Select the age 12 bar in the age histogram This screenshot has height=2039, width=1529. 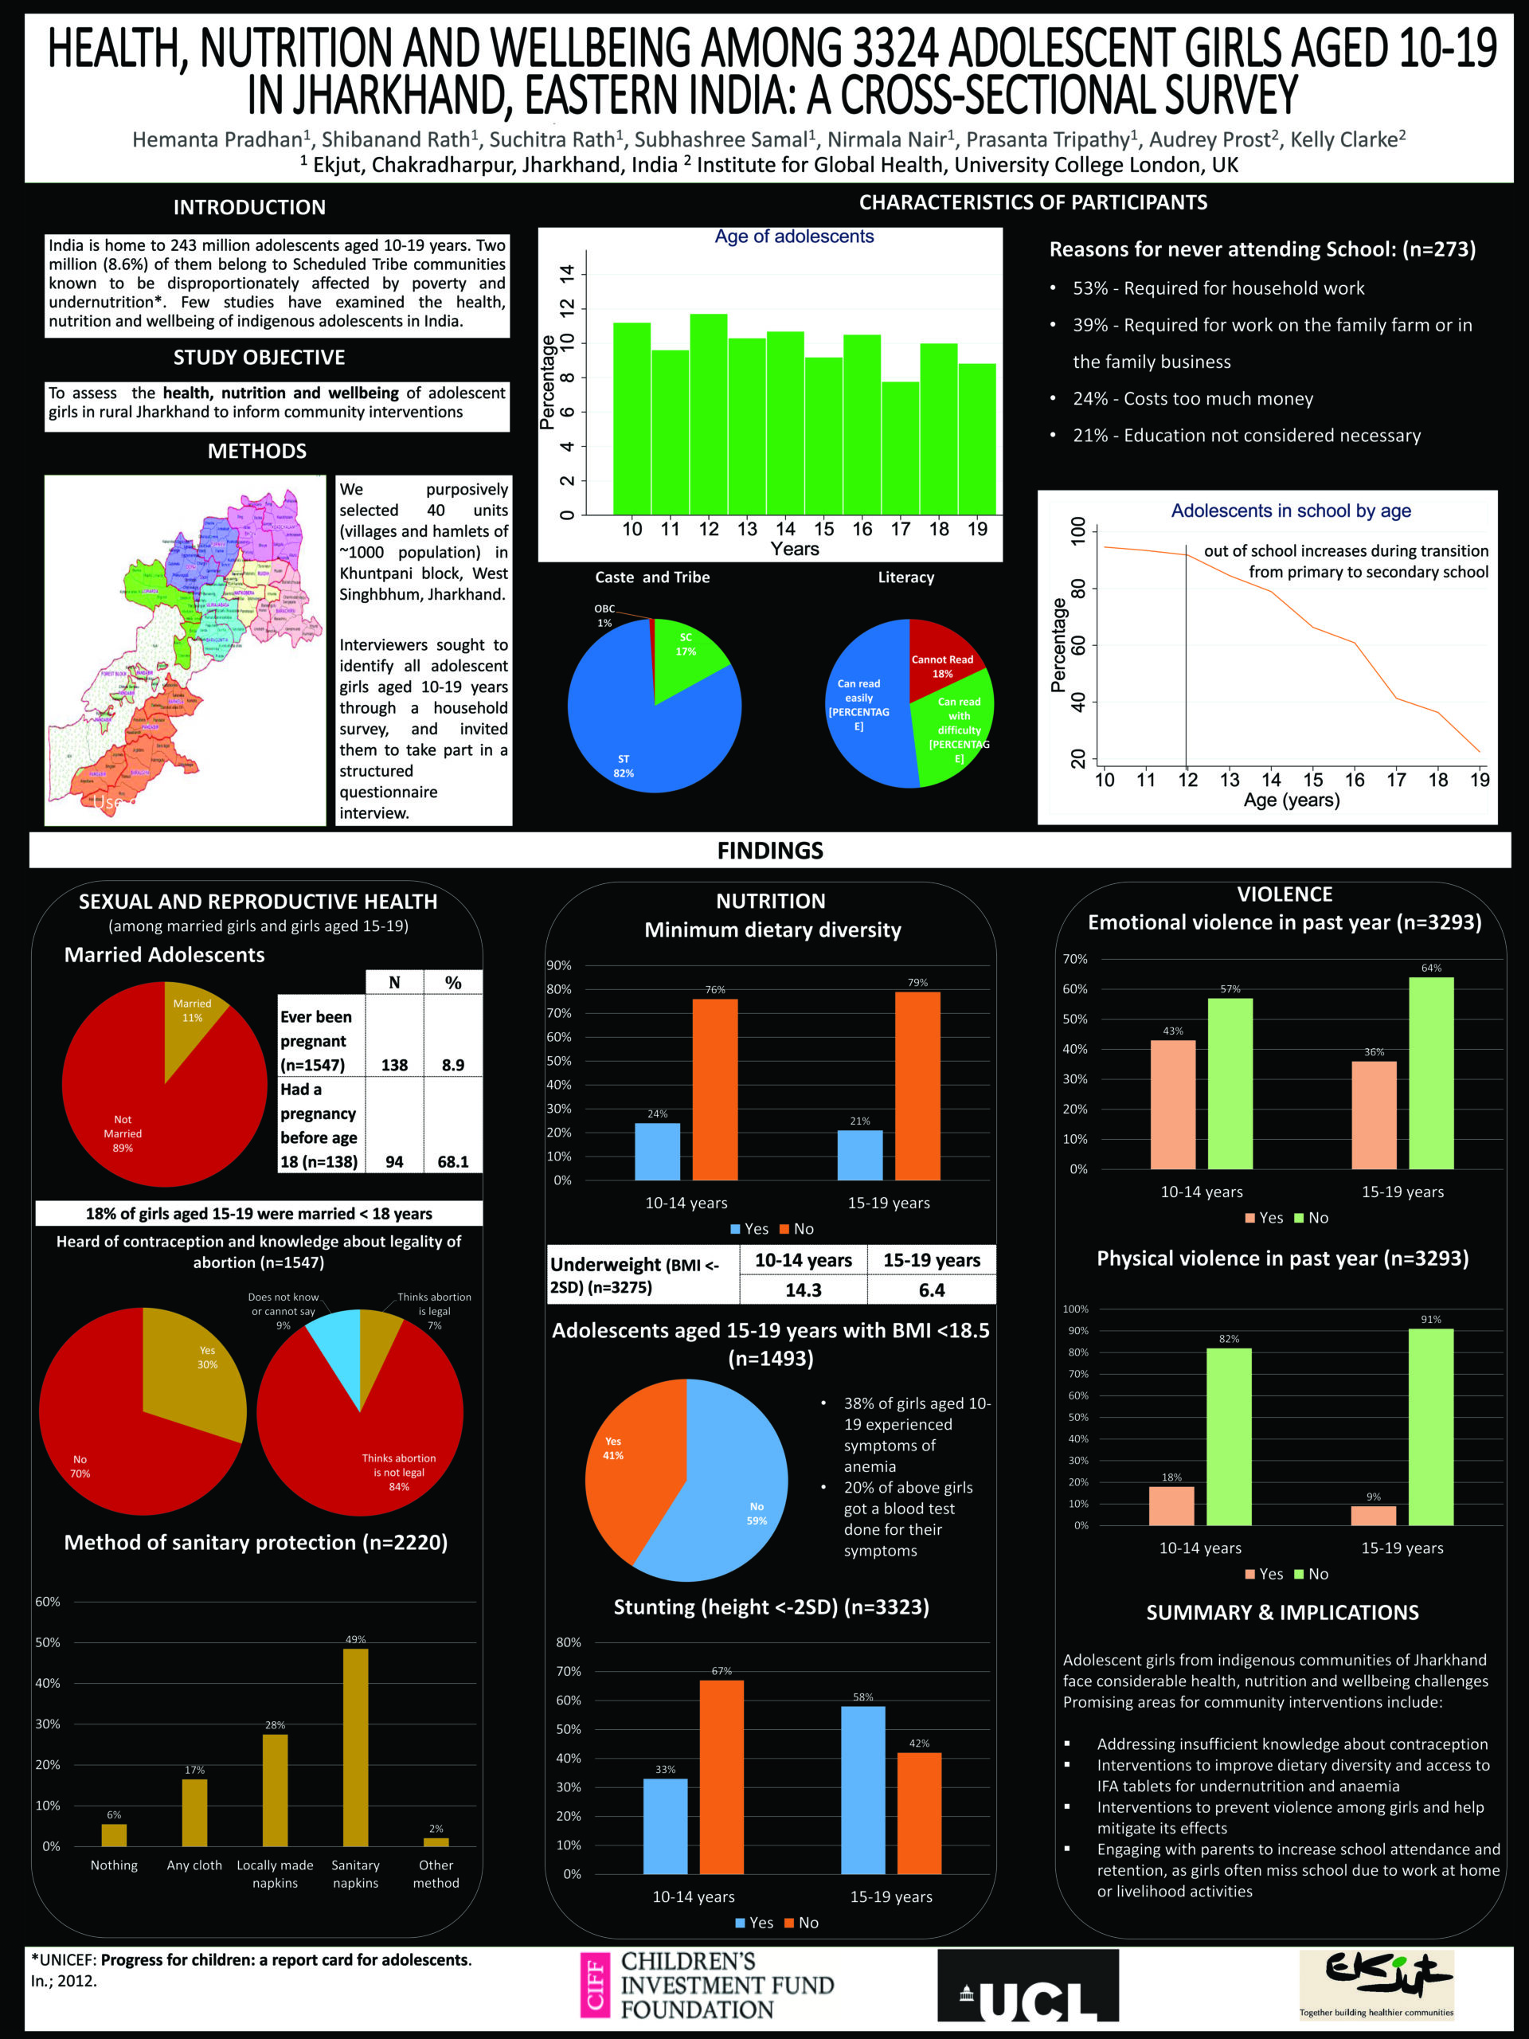(x=708, y=414)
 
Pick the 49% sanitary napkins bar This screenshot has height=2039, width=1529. (x=356, y=1747)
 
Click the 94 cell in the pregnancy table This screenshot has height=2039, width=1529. (x=394, y=1161)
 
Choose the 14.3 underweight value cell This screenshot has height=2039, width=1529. (x=803, y=1290)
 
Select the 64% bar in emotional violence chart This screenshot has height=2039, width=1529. (x=1431, y=1073)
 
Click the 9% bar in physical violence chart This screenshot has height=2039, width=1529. (x=1373, y=1516)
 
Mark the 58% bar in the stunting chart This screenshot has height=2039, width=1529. (x=862, y=1789)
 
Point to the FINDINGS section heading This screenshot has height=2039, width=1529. (x=769, y=850)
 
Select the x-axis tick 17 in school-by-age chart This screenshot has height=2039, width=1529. (x=1396, y=780)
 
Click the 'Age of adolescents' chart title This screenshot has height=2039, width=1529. (x=793, y=237)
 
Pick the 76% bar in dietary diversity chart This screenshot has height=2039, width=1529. (x=715, y=1089)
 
